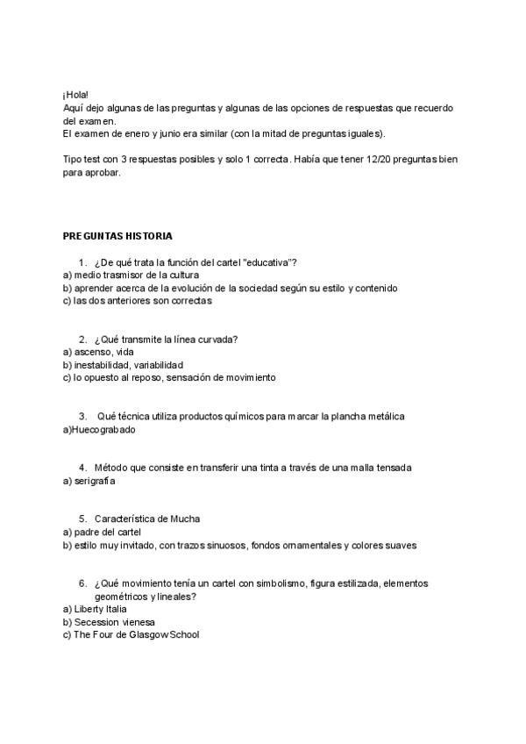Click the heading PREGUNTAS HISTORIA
coord(117,236)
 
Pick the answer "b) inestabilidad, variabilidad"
coord(123,365)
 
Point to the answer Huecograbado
coord(102,430)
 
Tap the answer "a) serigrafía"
coord(89,481)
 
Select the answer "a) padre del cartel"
coord(103,532)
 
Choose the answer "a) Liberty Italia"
coord(95,609)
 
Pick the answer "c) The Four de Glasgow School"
coord(131,634)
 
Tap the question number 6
coord(82,583)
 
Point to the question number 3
coord(82,416)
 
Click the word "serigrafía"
coord(95,481)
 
